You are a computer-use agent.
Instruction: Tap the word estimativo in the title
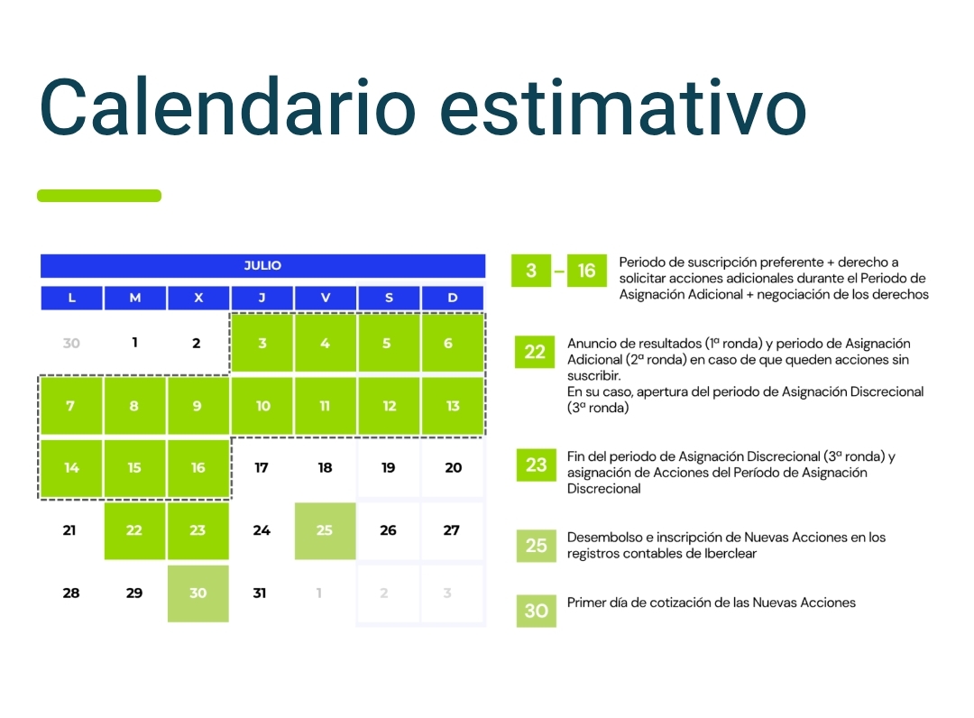click(623, 106)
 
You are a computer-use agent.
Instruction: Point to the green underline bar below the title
click(99, 196)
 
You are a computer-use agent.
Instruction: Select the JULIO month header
click(262, 266)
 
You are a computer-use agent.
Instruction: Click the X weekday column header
click(198, 299)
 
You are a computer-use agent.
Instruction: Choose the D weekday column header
click(453, 299)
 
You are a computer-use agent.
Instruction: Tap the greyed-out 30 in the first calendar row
click(71, 343)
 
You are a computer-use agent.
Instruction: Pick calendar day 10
click(262, 406)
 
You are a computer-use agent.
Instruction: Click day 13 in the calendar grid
click(453, 406)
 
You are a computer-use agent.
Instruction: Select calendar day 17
click(262, 468)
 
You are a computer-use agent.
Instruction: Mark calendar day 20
click(454, 468)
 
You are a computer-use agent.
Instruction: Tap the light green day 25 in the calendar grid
click(325, 531)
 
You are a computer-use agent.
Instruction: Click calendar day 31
click(260, 594)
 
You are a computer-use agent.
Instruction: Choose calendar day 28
click(71, 594)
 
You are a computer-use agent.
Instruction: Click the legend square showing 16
click(587, 271)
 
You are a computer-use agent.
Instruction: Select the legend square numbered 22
click(535, 352)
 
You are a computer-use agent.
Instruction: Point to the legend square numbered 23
click(537, 465)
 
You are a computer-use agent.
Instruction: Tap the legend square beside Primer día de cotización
click(537, 611)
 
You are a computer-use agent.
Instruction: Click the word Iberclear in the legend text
click(730, 554)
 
